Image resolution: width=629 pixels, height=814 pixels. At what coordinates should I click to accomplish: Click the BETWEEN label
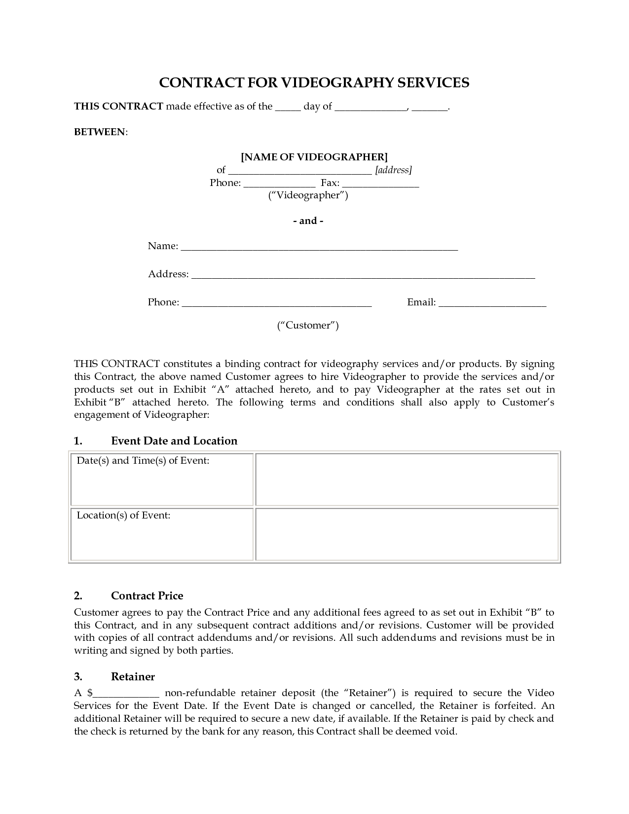[100, 132]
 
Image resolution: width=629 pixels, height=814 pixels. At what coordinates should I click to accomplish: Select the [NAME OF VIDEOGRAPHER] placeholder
[314, 157]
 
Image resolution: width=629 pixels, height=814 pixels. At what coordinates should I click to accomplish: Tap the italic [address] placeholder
[393, 170]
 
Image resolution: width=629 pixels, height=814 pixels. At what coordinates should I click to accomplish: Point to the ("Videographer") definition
[308, 195]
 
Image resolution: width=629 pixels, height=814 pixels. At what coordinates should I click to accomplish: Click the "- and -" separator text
[308, 221]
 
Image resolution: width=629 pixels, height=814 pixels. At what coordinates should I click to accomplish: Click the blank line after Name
[319, 248]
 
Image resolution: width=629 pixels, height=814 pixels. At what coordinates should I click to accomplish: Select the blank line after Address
[363, 276]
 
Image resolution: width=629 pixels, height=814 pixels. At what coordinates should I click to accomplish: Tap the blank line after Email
[492, 304]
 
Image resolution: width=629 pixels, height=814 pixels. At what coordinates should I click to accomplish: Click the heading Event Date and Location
[174, 441]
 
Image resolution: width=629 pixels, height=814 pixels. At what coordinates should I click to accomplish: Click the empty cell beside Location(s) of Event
[407, 534]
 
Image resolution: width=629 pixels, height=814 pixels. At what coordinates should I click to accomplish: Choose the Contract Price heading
[147, 596]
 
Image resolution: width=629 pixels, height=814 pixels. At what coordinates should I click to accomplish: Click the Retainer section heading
[133, 677]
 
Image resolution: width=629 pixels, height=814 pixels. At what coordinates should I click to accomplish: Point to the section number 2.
[78, 596]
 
